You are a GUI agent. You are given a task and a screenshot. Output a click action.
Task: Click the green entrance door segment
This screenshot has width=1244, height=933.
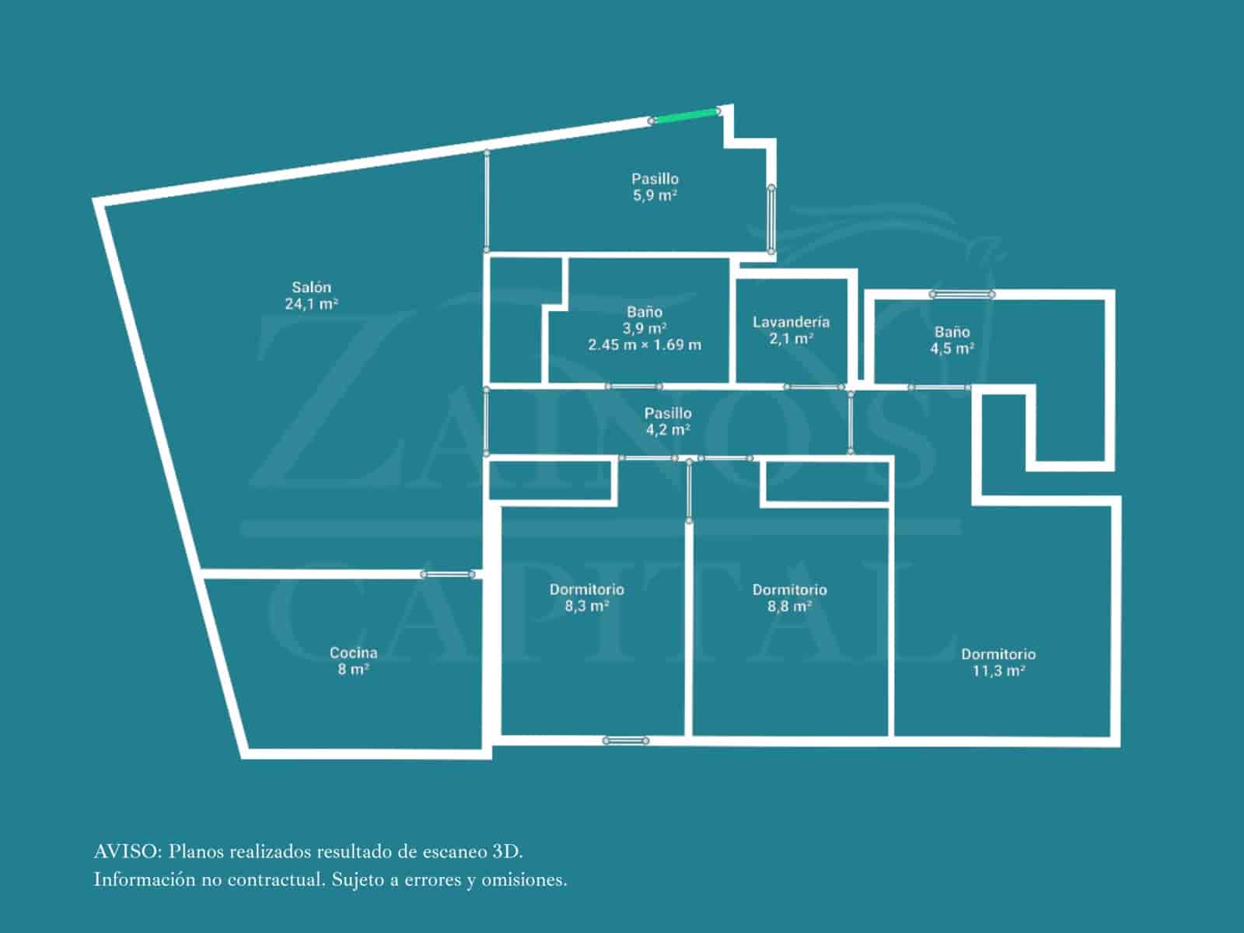point(685,116)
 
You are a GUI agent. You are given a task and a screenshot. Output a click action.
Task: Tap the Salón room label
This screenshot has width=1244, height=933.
point(311,287)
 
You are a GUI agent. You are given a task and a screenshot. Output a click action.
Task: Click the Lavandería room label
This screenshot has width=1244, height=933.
point(791,322)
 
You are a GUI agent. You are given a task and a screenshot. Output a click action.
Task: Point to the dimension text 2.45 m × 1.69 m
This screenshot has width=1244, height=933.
point(645,344)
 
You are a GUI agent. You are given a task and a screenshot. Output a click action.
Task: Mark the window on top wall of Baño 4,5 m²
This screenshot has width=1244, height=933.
point(963,294)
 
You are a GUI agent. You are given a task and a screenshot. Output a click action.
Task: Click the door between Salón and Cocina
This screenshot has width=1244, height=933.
point(448,575)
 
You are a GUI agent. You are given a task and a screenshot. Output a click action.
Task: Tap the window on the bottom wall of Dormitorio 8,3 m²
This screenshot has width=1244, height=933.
point(626,741)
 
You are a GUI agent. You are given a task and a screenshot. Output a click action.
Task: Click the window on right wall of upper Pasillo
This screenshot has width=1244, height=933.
point(771,219)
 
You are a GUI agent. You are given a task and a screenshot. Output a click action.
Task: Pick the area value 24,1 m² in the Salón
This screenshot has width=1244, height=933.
point(311,304)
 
